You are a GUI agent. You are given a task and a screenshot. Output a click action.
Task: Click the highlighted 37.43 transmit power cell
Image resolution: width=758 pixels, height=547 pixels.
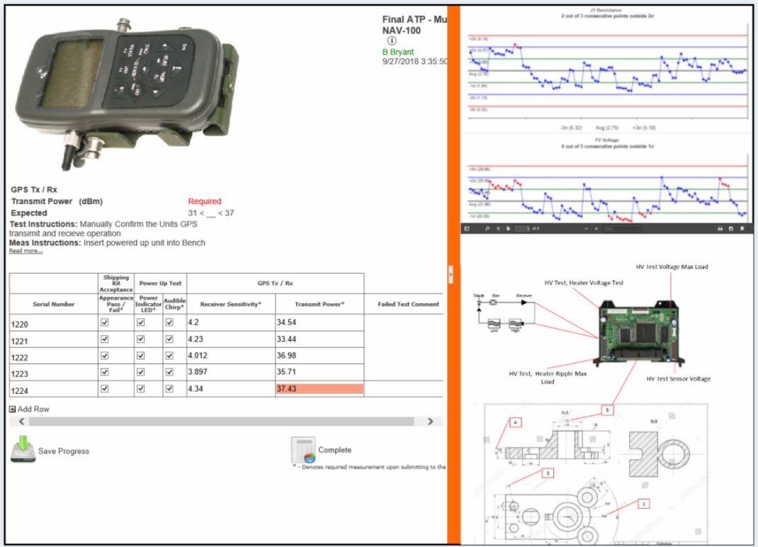coord(319,389)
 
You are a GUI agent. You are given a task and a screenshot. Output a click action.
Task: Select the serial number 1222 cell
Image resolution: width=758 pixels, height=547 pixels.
coord(53,356)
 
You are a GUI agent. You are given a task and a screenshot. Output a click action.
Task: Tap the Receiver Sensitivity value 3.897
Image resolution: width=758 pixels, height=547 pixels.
coord(231,373)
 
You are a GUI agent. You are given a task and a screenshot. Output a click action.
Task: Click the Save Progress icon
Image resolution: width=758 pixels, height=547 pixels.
coord(23,450)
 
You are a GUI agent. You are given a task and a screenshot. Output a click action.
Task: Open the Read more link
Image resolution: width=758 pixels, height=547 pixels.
coord(26,251)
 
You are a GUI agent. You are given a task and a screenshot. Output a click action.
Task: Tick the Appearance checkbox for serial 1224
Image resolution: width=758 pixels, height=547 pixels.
coord(105,388)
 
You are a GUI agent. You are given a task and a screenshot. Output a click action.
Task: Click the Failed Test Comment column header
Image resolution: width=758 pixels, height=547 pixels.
coord(404,304)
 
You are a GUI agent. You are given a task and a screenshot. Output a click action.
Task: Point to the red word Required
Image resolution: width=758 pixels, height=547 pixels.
coord(205,202)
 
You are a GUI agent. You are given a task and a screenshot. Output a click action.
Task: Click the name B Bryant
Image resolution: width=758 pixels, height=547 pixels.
coord(398,52)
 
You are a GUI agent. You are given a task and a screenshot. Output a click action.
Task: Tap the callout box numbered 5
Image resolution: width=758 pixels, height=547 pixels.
coord(607,410)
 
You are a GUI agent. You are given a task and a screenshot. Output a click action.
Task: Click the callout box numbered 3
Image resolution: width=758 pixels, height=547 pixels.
coord(548,472)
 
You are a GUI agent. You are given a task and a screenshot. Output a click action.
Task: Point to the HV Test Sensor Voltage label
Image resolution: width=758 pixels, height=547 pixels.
coord(678,379)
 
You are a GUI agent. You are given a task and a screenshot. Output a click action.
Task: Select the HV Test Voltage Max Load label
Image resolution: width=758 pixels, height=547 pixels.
coord(672,267)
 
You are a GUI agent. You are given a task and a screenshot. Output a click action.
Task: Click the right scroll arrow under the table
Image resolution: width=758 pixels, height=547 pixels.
coord(430,422)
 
